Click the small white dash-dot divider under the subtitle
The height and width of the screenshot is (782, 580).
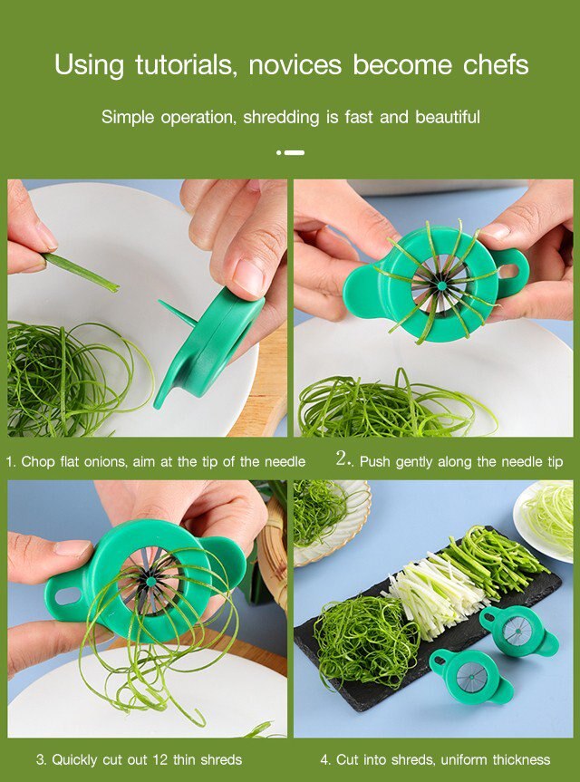click(290, 152)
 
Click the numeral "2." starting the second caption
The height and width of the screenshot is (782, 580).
click(343, 459)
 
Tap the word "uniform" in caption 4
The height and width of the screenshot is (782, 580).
click(456, 759)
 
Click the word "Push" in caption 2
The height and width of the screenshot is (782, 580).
click(376, 461)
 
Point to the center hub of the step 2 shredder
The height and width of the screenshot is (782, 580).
click(440, 285)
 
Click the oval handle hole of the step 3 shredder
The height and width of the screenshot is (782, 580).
click(68, 597)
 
